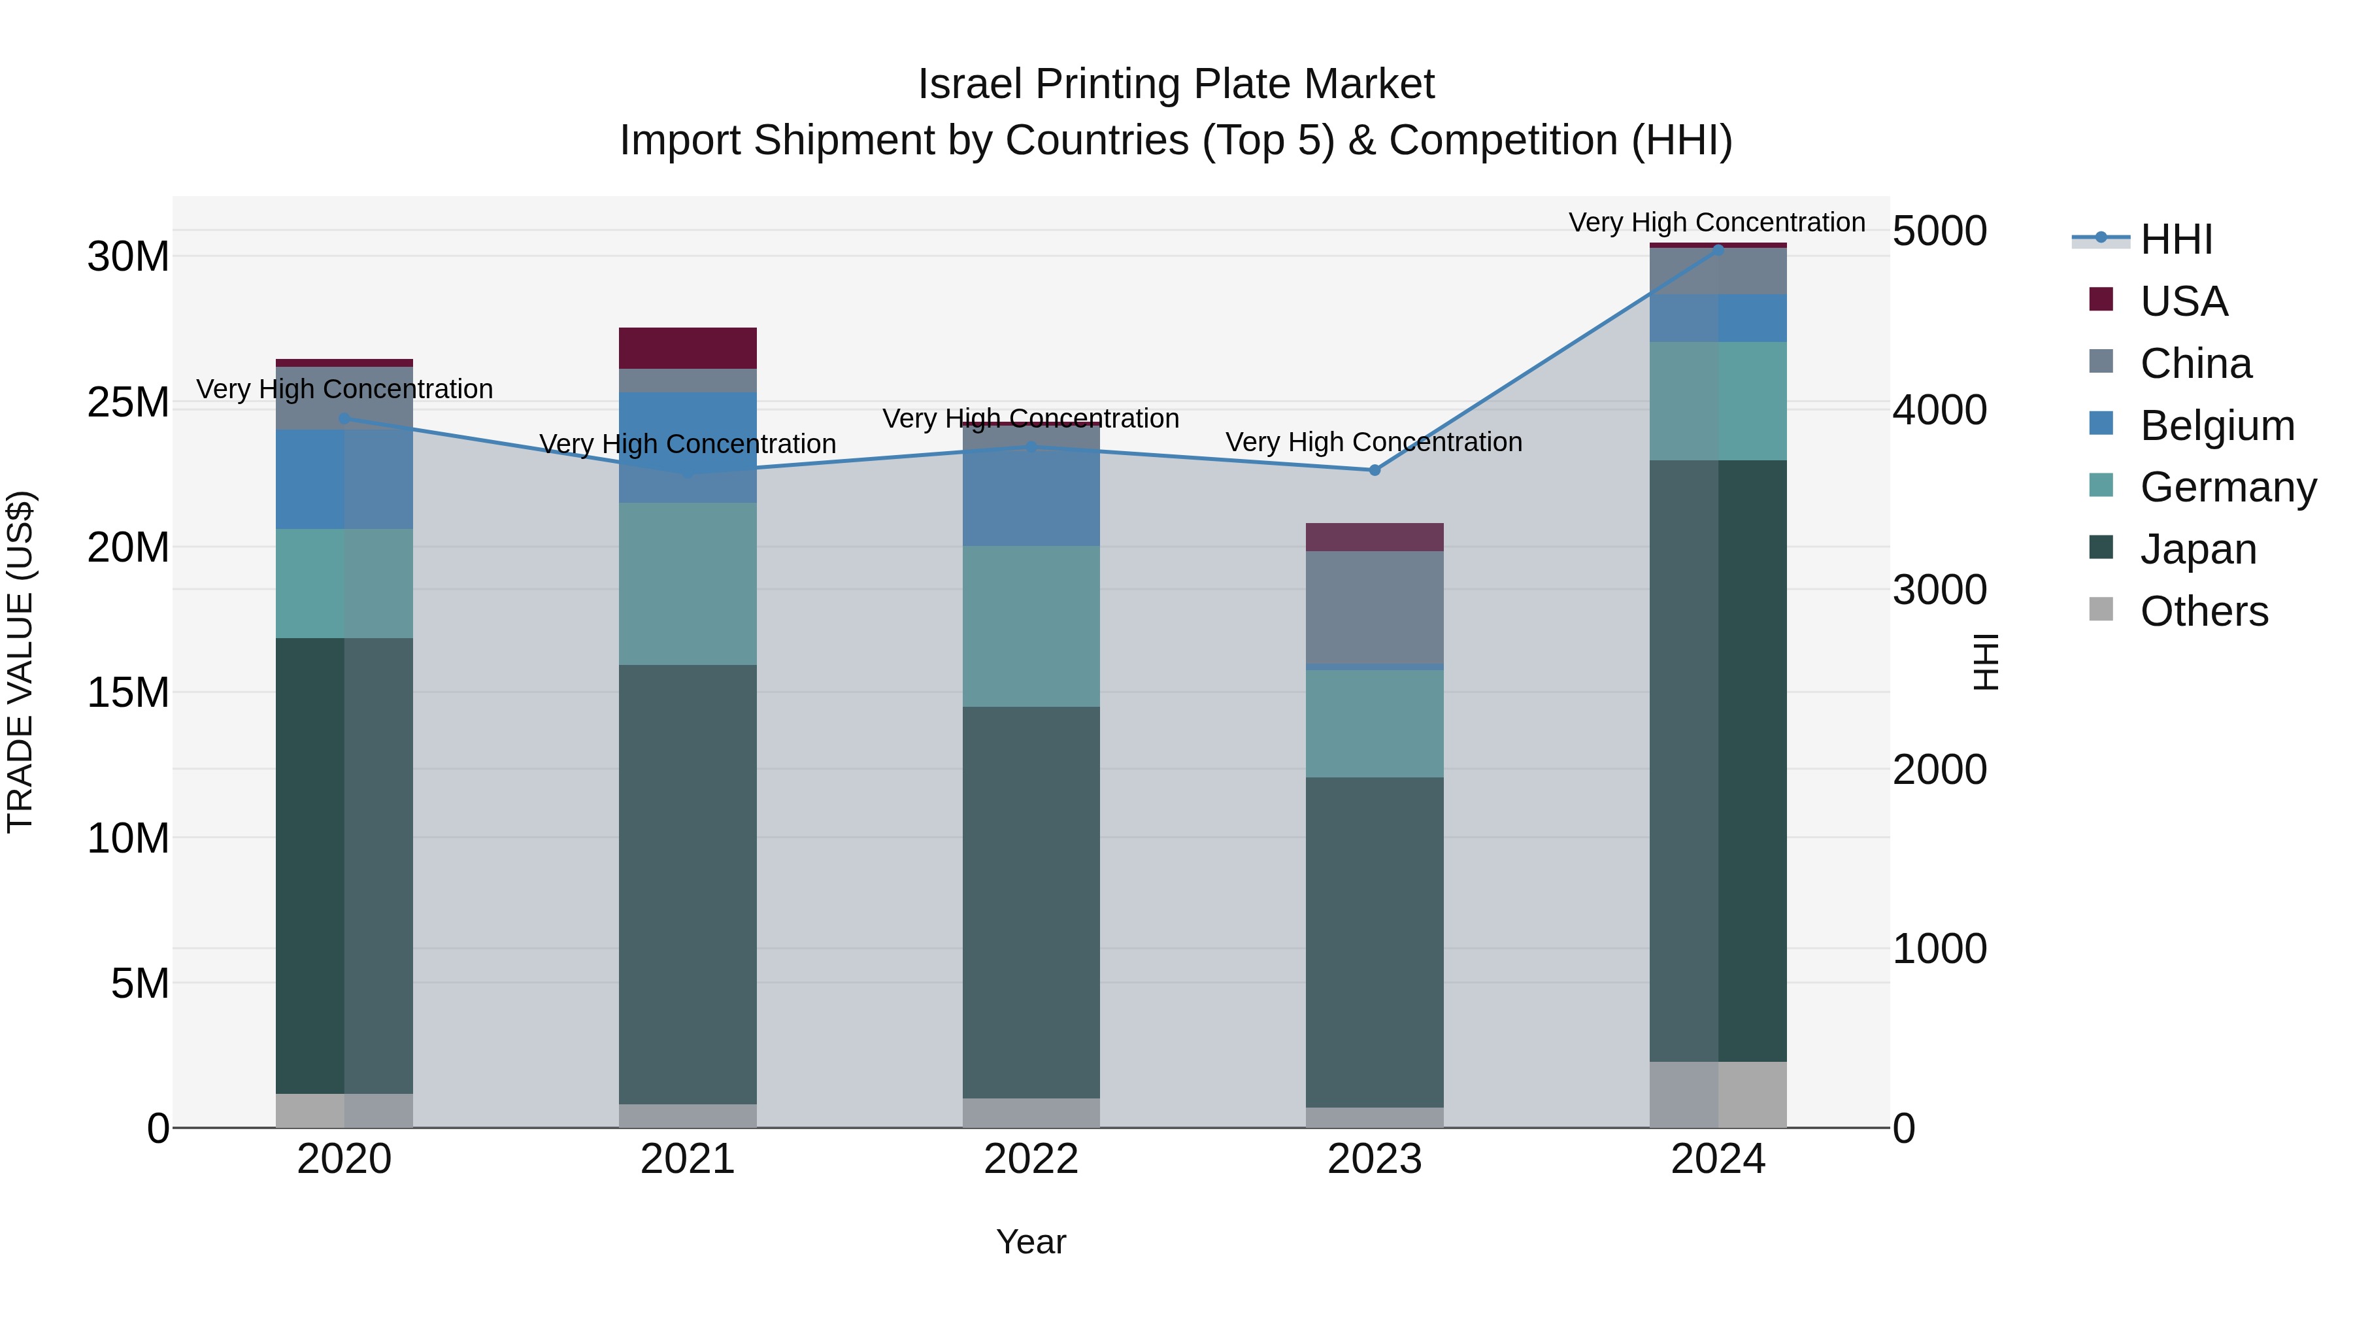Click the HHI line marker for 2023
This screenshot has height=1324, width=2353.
click(1374, 469)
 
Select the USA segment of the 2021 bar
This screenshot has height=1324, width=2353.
click(687, 348)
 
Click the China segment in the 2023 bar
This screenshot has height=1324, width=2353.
click(1374, 607)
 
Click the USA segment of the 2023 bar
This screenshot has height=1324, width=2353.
click(1374, 537)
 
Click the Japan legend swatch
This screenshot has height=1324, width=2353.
click(2101, 549)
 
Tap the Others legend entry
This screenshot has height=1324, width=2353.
click(2203, 611)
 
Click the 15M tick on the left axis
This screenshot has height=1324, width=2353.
click(128, 692)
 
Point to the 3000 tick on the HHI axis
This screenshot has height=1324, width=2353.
click(1939, 590)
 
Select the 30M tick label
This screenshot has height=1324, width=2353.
click(128, 257)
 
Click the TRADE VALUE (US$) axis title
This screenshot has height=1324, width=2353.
click(20, 662)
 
